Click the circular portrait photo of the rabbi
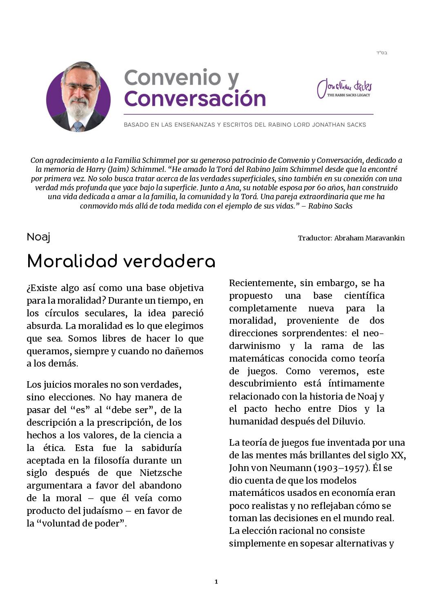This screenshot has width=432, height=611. pyautogui.click(x=78, y=97)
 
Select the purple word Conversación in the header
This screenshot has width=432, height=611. pyautogui.click(x=195, y=99)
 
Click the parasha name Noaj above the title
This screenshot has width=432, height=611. pyautogui.click(x=38, y=237)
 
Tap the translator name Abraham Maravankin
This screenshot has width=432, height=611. pyautogui.click(x=369, y=238)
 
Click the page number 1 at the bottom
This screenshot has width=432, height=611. pyautogui.click(x=216, y=582)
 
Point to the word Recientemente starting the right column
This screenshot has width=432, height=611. pyautogui.click(x=262, y=283)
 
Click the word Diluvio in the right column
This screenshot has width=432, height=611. pyautogui.click(x=347, y=421)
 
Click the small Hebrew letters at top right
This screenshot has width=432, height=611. pyautogui.click(x=382, y=53)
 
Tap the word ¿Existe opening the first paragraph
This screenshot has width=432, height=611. pyautogui.click(x=42, y=288)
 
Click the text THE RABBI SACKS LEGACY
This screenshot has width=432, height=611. pyautogui.click(x=348, y=95)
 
